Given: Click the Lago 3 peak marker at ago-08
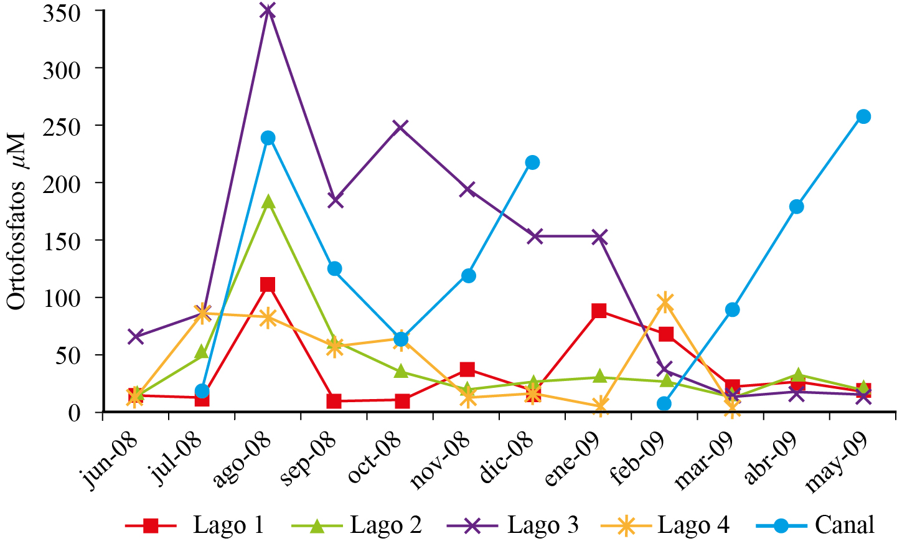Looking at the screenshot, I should (x=268, y=11).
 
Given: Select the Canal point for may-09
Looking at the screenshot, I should (x=863, y=116).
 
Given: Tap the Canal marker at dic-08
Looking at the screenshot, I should (x=532, y=162).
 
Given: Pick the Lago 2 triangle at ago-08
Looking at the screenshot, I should (x=268, y=202).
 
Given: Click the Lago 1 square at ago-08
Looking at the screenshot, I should (x=268, y=285).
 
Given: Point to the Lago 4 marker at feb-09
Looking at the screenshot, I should (x=665, y=303).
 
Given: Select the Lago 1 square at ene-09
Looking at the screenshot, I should (x=599, y=311).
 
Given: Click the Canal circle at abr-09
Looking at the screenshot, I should (x=796, y=207).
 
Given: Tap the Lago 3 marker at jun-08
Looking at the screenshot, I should (x=136, y=337).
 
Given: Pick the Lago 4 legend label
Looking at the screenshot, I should (x=693, y=525).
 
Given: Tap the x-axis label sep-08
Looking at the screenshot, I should (x=309, y=459).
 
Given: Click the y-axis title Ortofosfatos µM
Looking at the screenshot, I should (x=17, y=220).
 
